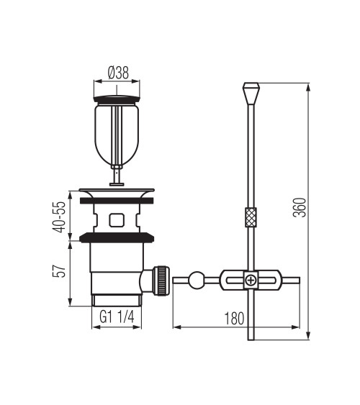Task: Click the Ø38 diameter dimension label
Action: pyautogui.click(x=118, y=73)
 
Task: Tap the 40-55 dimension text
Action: pyautogui.click(x=59, y=217)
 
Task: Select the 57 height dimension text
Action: pyautogui.click(x=59, y=271)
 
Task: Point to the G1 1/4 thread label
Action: pyautogui.click(x=117, y=317)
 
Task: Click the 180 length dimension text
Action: pyautogui.click(x=234, y=319)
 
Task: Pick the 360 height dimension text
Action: pyautogui.click(x=300, y=208)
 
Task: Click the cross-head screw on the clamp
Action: pyautogui.click(x=251, y=281)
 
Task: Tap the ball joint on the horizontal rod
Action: pyautogui.click(x=197, y=280)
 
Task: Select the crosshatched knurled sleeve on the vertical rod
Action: pyautogui.click(x=251, y=217)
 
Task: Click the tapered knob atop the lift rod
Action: pyautogui.click(x=251, y=93)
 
